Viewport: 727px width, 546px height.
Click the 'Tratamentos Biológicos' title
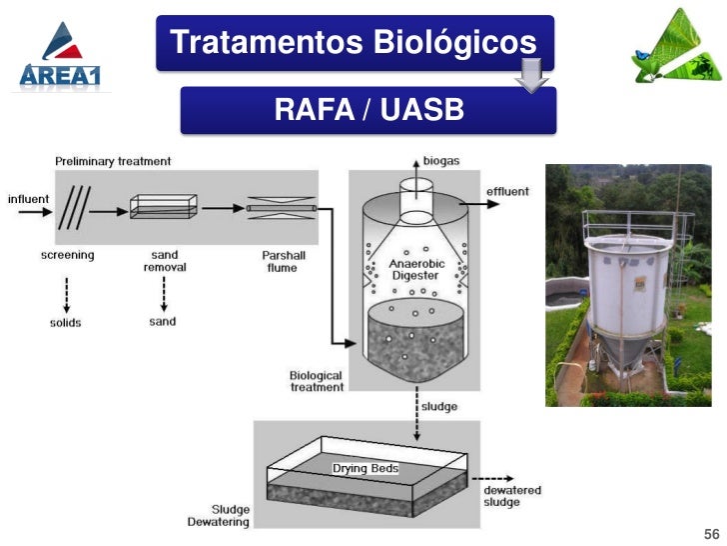point(354,42)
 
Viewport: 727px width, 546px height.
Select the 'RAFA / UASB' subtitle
point(368,109)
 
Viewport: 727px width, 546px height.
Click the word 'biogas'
point(441,160)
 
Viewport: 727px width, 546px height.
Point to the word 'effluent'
point(508,191)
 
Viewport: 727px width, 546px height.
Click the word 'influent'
point(28,198)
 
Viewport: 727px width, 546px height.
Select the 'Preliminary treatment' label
point(113,161)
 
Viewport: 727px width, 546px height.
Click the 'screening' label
point(68,255)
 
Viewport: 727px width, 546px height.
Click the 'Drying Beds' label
point(364,468)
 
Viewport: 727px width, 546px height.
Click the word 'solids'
point(66,322)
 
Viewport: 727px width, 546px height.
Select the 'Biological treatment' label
point(317,381)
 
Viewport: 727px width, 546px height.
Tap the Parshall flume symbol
point(282,208)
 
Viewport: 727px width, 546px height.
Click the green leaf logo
point(676,49)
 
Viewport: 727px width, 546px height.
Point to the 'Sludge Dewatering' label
point(218,516)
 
